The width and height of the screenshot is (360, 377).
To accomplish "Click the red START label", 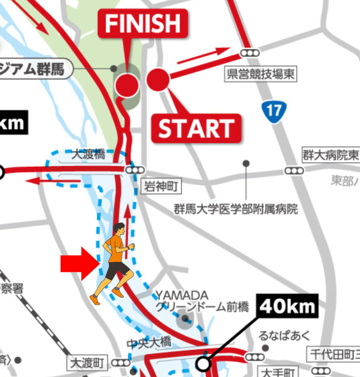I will [x=196, y=128].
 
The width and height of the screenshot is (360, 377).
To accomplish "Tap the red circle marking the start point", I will [x=158, y=80].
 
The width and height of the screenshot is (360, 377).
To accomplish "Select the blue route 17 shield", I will [x=274, y=110].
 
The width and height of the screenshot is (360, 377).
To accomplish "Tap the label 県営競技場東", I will [x=261, y=75].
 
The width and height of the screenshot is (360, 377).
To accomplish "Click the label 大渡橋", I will [x=88, y=155].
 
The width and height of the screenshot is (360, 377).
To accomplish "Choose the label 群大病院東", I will [x=330, y=155].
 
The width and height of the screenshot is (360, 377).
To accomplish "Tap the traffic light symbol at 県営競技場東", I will [x=250, y=53].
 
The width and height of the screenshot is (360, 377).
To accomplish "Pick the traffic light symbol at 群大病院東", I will [x=294, y=170].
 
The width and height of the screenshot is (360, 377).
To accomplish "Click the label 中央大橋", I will [x=149, y=343].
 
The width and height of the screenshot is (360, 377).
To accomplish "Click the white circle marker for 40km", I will [x=203, y=364].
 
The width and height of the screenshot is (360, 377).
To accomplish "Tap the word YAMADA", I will [x=182, y=295].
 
